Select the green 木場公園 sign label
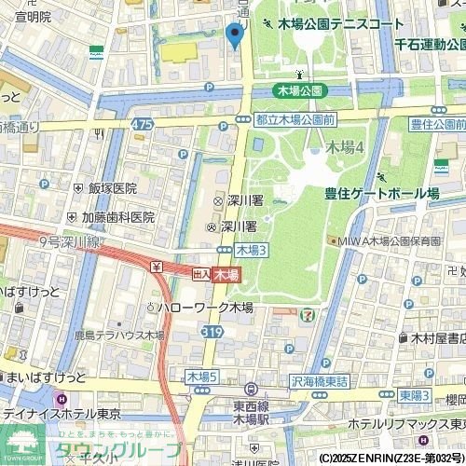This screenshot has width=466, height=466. pos(301,90)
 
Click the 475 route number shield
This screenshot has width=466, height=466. pos(143,124)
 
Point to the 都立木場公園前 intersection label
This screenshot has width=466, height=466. pos(295,119)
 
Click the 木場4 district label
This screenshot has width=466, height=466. pos(344,146)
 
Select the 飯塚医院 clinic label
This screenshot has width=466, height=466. pos(112,188)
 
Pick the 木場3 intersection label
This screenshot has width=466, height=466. pos(252,250)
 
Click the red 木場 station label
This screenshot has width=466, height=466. pos(226,274)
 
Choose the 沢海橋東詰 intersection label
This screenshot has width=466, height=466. pos(319,381)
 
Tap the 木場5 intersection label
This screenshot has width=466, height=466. pos(200,377)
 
